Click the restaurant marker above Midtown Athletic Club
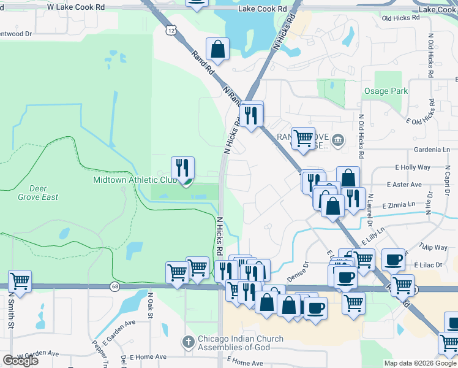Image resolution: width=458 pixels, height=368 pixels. [x=182, y=167]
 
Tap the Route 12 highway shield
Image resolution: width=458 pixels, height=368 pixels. [x=168, y=31]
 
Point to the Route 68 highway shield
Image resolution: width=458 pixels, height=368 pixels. [x=114, y=286]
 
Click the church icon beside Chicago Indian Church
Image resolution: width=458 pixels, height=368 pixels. [x=189, y=341]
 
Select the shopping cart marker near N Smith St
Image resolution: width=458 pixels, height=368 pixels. [x=20, y=282]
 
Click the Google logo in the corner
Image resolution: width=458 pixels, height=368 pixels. [x=20, y=361]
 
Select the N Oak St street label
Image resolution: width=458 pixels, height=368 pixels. [x=149, y=305]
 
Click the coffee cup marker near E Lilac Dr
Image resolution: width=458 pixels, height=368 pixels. [x=393, y=259]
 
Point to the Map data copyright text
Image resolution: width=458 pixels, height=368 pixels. [x=420, y=363]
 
